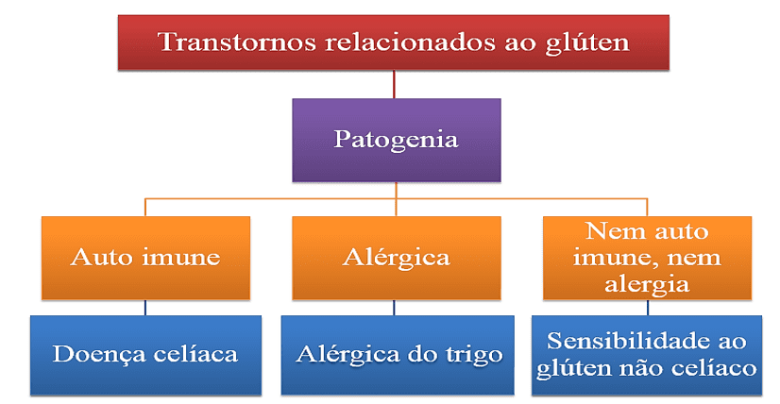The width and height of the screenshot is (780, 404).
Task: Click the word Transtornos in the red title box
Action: (237, 42)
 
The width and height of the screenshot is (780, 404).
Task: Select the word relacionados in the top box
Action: (410, 42)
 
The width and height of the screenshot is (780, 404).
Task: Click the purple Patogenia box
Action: (397, 140)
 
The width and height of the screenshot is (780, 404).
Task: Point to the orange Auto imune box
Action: (145, 258)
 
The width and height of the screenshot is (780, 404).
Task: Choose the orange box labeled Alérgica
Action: (397, 258)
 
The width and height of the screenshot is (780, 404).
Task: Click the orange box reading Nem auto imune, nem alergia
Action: (647, 258)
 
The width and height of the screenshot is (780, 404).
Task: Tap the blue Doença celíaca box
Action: (145, 355)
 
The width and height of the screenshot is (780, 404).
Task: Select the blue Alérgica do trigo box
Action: (398, 355)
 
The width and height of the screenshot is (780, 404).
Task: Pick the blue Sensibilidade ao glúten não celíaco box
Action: (647, 355)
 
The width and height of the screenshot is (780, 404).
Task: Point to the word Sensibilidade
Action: (626, 341)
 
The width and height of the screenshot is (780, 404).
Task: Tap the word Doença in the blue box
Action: (98, 355)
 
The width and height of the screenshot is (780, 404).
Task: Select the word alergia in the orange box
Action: (647, 284)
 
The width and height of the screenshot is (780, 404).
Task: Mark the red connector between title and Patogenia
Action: (394, 84)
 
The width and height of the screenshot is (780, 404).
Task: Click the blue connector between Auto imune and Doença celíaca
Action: (145, 308)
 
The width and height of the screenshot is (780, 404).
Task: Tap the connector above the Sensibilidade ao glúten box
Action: (647, 308)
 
